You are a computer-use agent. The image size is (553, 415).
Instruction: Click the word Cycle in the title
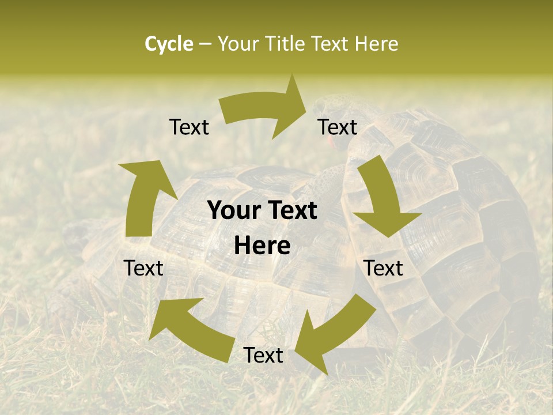click(x=169, y=44)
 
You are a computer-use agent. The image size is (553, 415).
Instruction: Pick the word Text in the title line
click(x=331, y=44)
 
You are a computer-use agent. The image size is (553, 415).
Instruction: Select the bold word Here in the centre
click(x=262, y=246)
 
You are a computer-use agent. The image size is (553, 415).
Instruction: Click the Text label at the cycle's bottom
click(x=263, y=355)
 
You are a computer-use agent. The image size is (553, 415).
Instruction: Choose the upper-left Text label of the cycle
click(x=189, y=127)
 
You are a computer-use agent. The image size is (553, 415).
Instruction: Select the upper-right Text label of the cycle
click(x=338, y=127)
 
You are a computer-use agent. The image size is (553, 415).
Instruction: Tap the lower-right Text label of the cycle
click(x=384, y=268)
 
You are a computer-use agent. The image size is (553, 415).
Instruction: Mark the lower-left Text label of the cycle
click(x=143, y=268)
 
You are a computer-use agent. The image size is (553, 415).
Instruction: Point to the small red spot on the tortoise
click(x=331, y=142)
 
